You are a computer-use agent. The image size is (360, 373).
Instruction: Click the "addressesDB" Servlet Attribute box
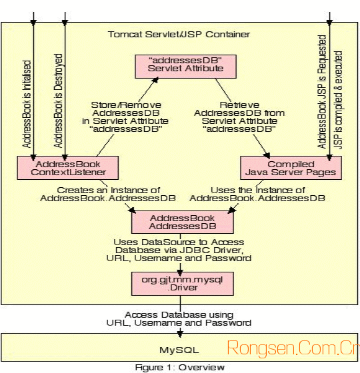click(x=186, y=67)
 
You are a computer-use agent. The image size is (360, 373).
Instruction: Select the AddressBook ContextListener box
click(x=68, y=168)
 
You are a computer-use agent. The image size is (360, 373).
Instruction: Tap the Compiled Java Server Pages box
click(x=291, y=168)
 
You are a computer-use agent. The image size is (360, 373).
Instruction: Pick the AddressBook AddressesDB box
click(x=183, y=222)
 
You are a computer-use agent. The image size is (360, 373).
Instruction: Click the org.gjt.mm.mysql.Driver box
click(x=183, y=284)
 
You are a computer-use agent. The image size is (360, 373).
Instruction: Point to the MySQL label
click(x=179, y=350)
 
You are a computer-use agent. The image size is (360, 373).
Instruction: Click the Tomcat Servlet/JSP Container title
click(x=179, y=35)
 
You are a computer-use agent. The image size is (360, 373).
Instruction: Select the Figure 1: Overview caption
click(x=180, y=368)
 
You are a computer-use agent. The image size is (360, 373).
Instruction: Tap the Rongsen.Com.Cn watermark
click(x=293, y=348)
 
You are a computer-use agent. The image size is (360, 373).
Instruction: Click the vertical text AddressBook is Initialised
click(x=27, y=104)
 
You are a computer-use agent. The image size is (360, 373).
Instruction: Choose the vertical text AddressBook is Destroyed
click(x=58, y=101)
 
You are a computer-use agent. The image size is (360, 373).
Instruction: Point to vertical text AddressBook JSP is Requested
click(x=321, y=92)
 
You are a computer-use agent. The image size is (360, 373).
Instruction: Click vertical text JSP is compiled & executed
click(x=338, y=100)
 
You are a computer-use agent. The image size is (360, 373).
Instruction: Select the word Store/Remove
click(x=126, y=105)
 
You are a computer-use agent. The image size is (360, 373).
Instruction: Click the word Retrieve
click(x=239, y=105)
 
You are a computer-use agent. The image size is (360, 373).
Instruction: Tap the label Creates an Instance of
click(x=108, y=190)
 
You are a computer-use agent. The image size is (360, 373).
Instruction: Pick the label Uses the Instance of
click(x=258, y=190)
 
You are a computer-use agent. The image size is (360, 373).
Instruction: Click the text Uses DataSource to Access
click(x=179, y=242)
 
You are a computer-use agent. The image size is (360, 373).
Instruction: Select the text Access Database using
click(x=179, y=314)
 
